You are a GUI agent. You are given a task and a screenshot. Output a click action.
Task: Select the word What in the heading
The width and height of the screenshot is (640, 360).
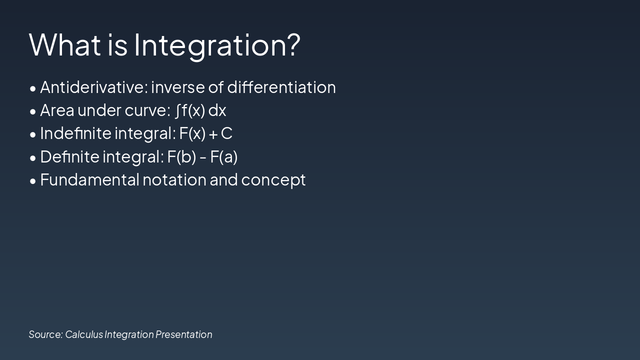click(x=65, y=44)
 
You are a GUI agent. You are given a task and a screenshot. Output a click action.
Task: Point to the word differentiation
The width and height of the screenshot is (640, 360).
click(x=281, y=87)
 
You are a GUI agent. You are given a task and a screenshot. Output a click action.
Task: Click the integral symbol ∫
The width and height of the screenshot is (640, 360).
click(x=177, y=110)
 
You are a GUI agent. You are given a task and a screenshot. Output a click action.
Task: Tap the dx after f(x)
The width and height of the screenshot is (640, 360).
click(x=217, y=110)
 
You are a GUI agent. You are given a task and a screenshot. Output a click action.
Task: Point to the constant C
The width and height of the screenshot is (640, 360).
click(x=226, y=133)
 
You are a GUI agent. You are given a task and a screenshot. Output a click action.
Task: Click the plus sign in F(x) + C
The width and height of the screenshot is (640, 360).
click(x=213, y=134)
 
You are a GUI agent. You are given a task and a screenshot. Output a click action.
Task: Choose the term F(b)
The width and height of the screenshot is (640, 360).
click(x=181, y=156)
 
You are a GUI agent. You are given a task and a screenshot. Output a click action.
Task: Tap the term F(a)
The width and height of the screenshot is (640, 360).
click(x=223, y=156)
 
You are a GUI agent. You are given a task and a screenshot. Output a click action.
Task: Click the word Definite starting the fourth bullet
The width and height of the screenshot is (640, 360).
click(x=69, y=156)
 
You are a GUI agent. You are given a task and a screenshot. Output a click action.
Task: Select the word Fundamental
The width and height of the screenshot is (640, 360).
click(x=89, y=179)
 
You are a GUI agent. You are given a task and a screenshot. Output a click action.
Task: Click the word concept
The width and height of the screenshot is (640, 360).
click(x=273, y=181)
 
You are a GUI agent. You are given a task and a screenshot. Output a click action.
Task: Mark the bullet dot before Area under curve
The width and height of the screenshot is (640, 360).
click(x=33, y=111)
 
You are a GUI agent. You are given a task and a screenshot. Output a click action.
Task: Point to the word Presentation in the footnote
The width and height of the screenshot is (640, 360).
click(x=183, y=334)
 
